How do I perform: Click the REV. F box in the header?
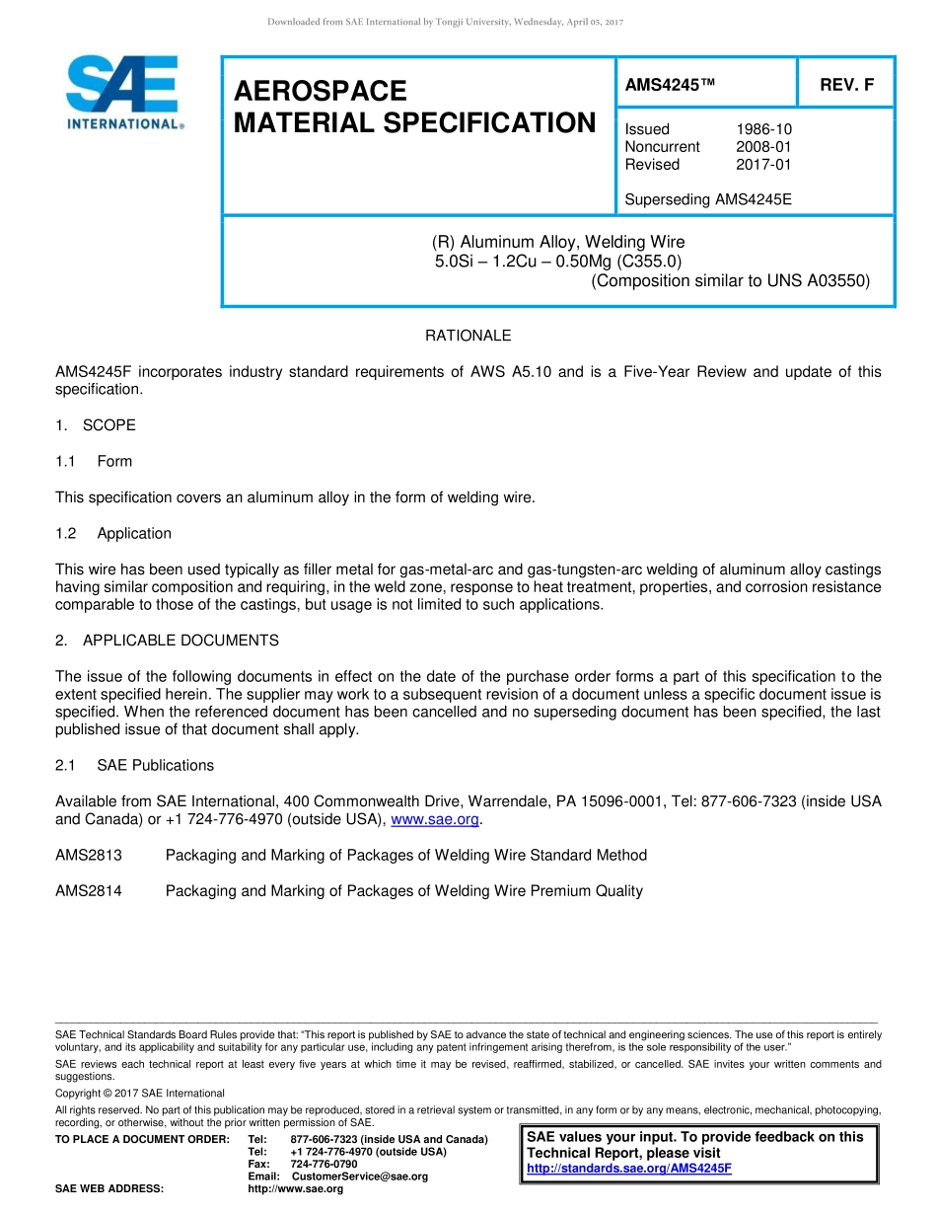[x=846, y=85]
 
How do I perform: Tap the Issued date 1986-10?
[x=763, y=129]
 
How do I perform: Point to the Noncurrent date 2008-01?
[x=763, y=147]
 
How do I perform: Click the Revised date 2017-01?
[x=763, y=165]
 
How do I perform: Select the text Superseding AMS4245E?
[x=708, y=199]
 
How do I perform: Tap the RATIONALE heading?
[x=468, y=336]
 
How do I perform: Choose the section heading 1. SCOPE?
[x=96, y=425]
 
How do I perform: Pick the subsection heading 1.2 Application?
[x=113, y=533]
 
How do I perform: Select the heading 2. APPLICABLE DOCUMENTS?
[x=167, y=641]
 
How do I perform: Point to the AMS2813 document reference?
[x=89, y=855]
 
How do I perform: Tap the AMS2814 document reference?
[x=89, y=890]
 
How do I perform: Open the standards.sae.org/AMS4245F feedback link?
[x=629, y=1169]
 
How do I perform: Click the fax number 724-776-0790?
[x=324, y=1164]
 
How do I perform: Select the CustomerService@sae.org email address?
[x=360, y=1176]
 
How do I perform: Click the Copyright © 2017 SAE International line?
[x=140, y=1093]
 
